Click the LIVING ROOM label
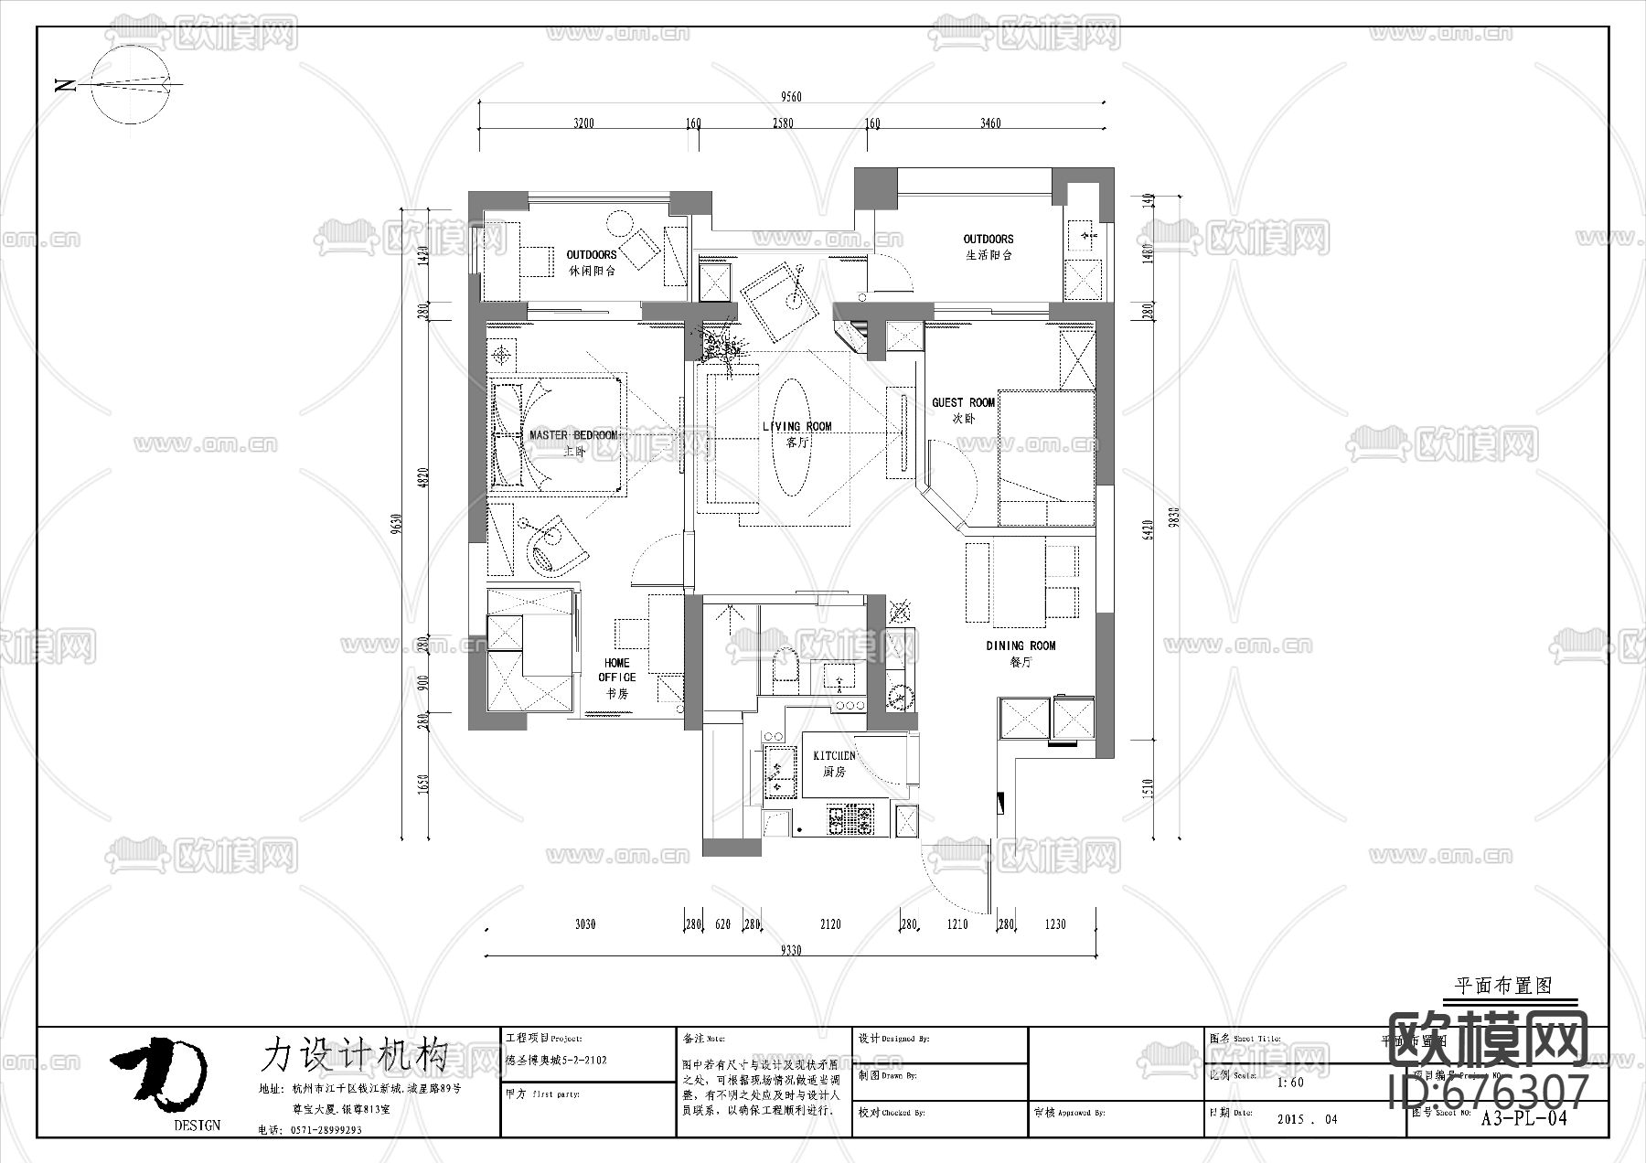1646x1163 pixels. click(796, 427)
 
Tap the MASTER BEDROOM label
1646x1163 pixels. click(573, 436)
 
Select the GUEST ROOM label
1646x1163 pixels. click(963, 403)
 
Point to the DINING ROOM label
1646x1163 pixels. click(1021, 646)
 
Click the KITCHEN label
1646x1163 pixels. click(834, 756)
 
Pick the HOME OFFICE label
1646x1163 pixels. click(617, 670)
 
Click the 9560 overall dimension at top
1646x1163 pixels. click(791, 97)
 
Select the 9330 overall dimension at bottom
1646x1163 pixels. click(791, 951)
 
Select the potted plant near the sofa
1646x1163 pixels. click(720, 347)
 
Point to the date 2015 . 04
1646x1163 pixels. click(1305, 1119)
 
